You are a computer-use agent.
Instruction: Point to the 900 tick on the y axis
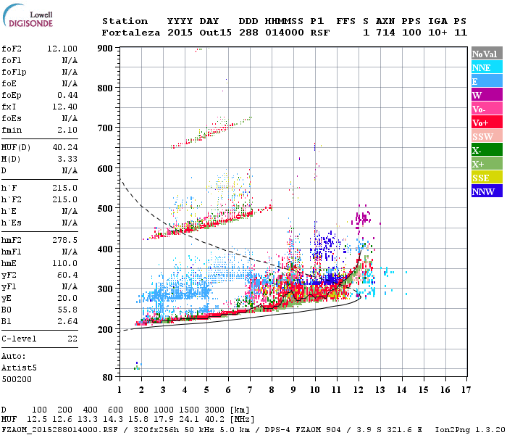click(106, 48)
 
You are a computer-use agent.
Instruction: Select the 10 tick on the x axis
click(314, 390)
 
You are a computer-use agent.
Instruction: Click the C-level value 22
click(72, 339)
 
